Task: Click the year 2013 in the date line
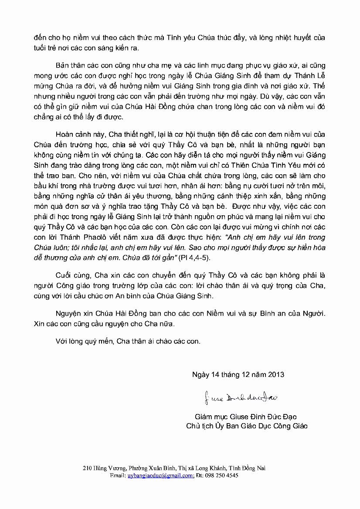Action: click(x=275, y=374)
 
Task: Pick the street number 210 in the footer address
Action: click(x=87, y=468)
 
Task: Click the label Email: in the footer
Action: click(x=118, y=476)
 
